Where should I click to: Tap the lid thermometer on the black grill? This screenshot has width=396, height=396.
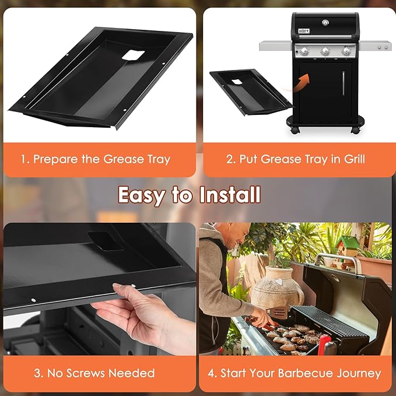click(x=325, y=22)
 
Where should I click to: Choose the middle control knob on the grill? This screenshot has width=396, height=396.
click(x=325, y=51)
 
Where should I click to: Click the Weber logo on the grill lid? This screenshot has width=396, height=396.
click(x=303, y=30)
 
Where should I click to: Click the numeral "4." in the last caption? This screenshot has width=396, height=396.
click(x=213, y=373)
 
